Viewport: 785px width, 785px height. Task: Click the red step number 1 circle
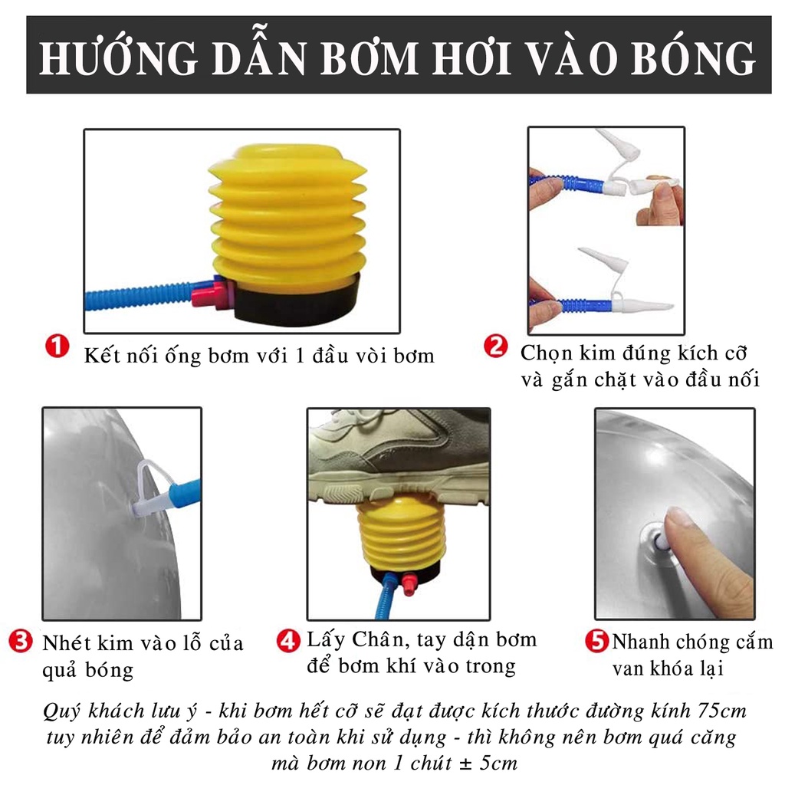(57, 347)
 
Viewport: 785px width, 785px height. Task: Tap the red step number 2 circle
(495, 347)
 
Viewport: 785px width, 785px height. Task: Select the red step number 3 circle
(21, 641)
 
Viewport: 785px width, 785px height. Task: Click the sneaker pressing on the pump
(399, 456)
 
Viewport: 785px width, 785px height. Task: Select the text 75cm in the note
(721, 711)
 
